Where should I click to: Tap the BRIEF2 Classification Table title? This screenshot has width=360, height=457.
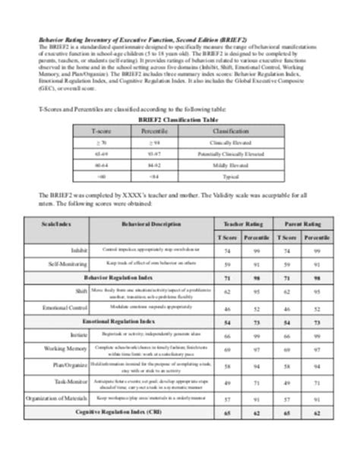tap(180, 120)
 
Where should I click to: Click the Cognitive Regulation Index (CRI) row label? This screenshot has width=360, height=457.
tap(122, 411)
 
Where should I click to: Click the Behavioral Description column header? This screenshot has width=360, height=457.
tap(141, 225)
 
